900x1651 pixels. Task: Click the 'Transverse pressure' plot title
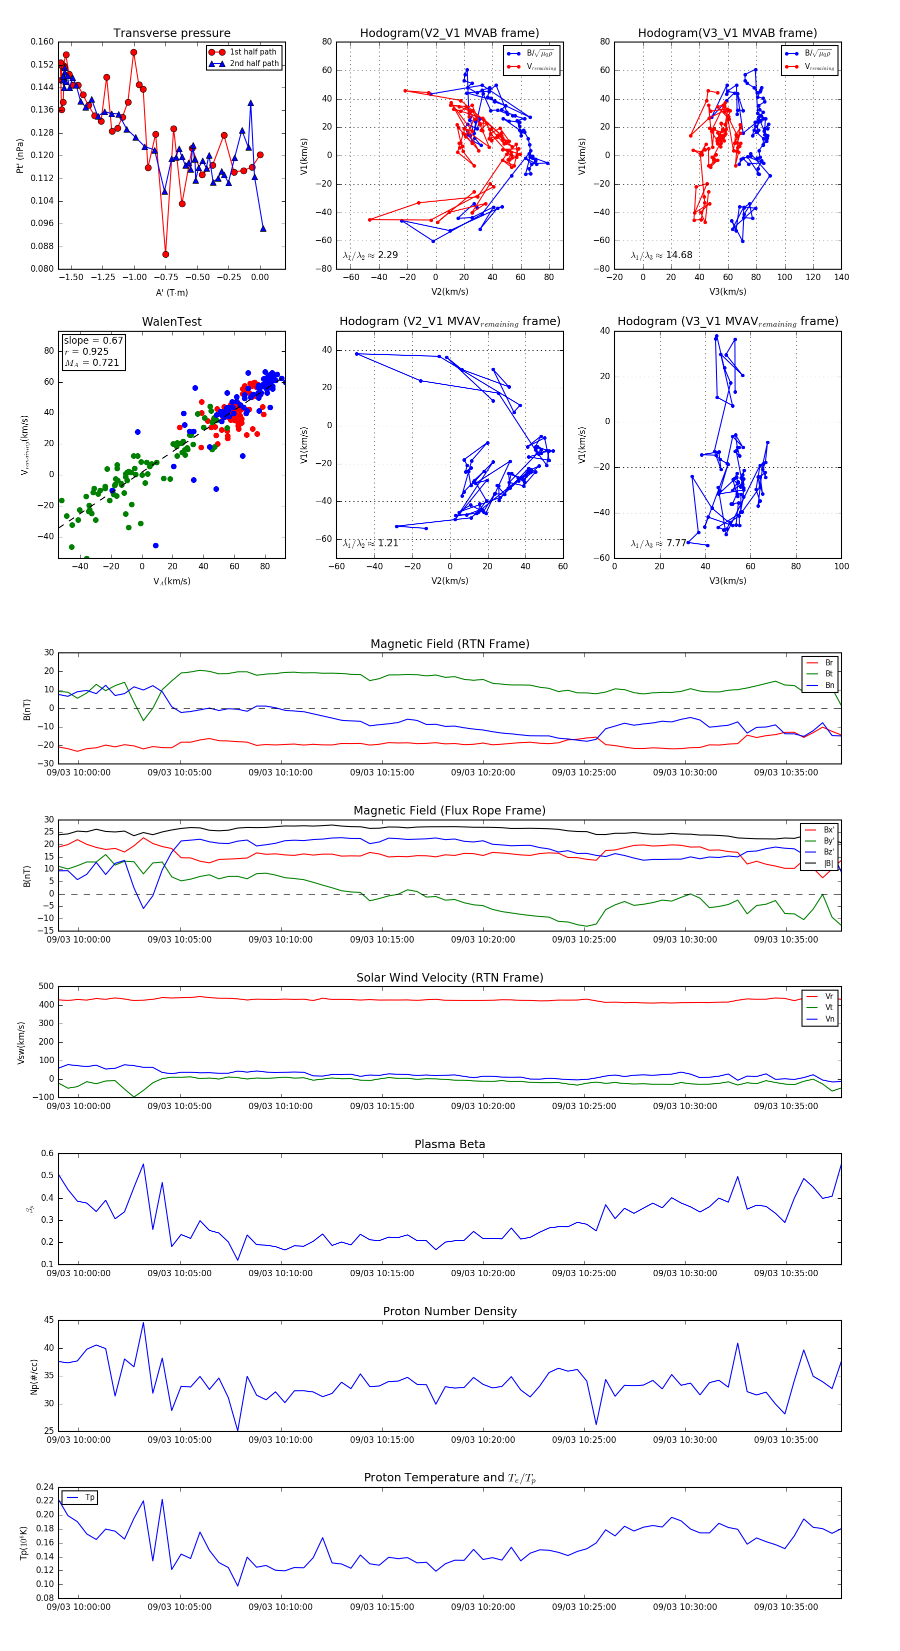coord(171,34)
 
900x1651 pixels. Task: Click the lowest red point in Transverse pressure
coord(166,255)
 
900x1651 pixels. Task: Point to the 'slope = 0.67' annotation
coord(93,340)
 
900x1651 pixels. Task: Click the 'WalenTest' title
coord(171,322)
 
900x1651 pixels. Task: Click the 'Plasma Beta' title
coord(449,1145)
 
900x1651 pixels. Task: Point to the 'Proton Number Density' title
coord(449,1311)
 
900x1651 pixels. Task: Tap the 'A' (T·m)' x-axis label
coord(171,292)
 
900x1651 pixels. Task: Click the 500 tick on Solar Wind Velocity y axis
coord(45,987)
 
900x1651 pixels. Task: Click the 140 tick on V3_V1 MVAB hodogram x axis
coord(840,278)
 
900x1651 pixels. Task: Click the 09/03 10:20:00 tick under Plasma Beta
coord(482,1273)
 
